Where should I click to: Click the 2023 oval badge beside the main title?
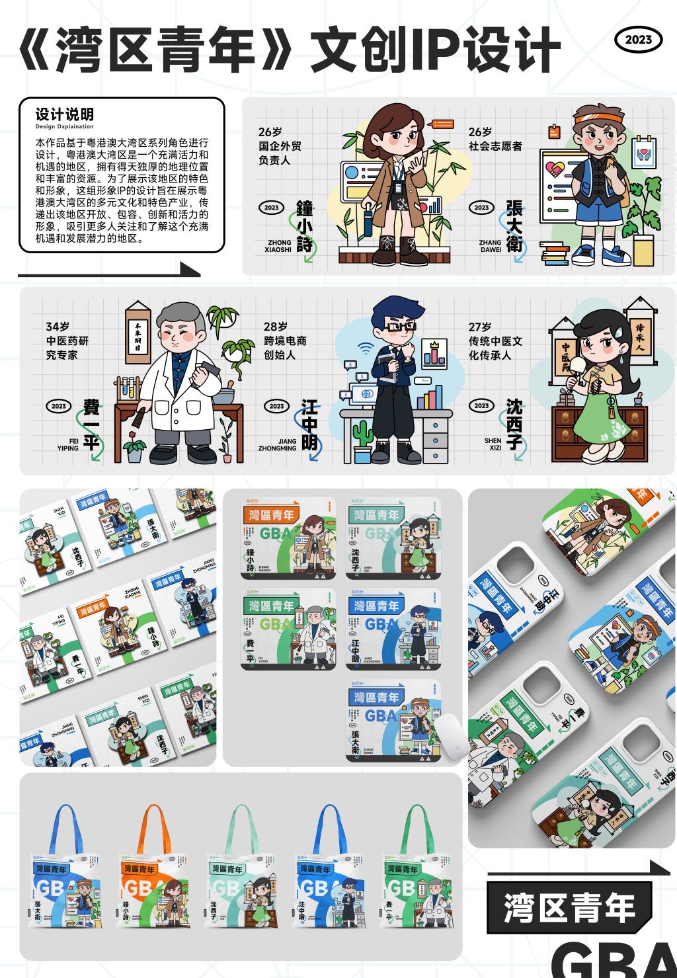click(x=638, y=40)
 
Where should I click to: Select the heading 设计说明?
click(x=64, y=114)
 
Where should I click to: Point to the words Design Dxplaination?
click(x=64, y=126)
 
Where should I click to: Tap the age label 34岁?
click(x=58, y=327)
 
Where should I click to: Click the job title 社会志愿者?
click(x=495, y=146)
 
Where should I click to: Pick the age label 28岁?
click(x=276, y=327)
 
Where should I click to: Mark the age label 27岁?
click(x=480, y=327)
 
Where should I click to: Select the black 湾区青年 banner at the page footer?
click(x=569, y=907)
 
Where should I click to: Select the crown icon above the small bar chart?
click(x=434, y=345)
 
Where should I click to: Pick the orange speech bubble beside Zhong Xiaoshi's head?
click(x=440, y=124)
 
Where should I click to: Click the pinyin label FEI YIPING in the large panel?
click(x=67, y=444)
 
